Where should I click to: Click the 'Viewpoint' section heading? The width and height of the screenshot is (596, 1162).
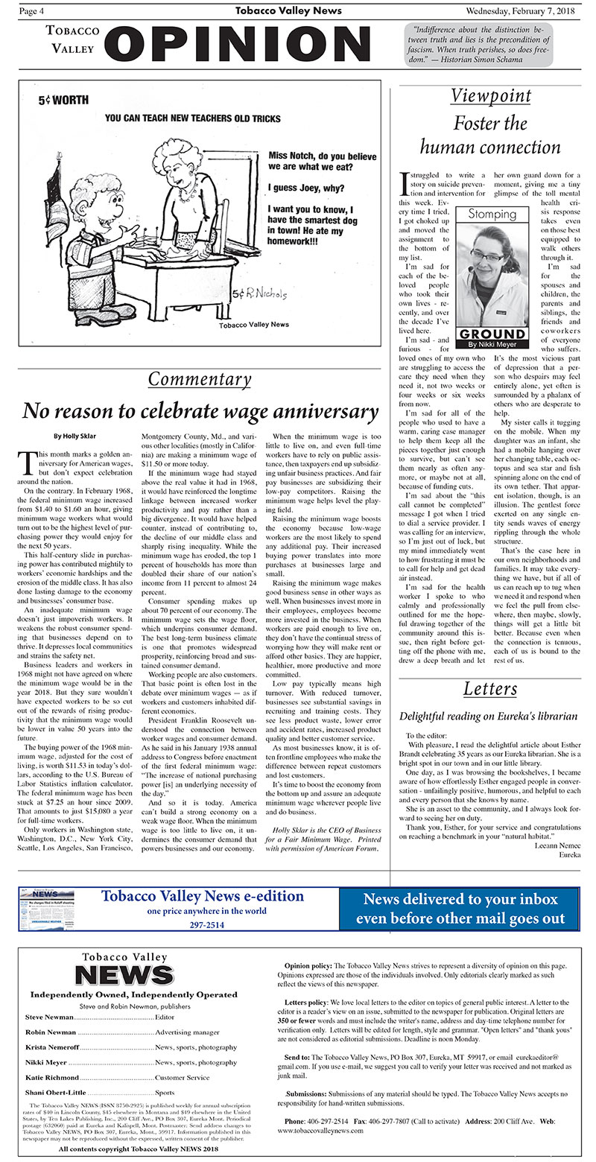pyautogui.click(x=491, y=96)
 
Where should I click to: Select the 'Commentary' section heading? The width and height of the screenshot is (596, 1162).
pyautogui.click(x=199, y=378)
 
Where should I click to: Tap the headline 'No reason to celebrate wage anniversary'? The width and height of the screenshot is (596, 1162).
pyautogui.click(x=200, y=410)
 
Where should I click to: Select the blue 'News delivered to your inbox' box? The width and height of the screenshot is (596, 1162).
pyautogui.click(x=459, y=908)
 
